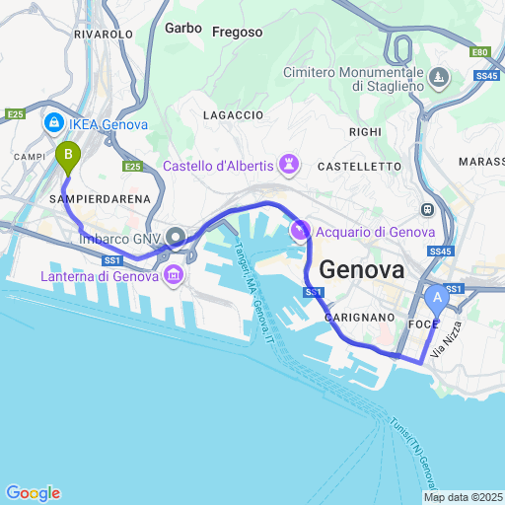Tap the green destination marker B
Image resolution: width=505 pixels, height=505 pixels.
tap(66, 156)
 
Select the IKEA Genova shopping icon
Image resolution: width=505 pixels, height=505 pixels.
tap(53, 124)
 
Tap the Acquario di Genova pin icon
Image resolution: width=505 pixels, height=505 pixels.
tap(300, 231)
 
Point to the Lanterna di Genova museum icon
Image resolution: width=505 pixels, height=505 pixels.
tap(174, 275)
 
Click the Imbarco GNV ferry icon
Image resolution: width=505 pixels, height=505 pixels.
tap(176, 237)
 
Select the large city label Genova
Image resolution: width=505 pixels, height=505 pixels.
tap(362, 269)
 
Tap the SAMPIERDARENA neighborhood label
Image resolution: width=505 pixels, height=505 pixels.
tap(99, 199)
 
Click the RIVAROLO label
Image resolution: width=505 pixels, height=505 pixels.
tap(103, 34)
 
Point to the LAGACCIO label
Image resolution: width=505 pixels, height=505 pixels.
tap(232, 115)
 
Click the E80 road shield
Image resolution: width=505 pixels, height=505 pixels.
tap(479, 52)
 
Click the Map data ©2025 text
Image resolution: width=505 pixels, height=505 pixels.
tap(463, 497)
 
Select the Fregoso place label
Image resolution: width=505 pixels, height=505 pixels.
tap(238, 32)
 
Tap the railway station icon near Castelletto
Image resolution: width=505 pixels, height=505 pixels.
tap(427, 210)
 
